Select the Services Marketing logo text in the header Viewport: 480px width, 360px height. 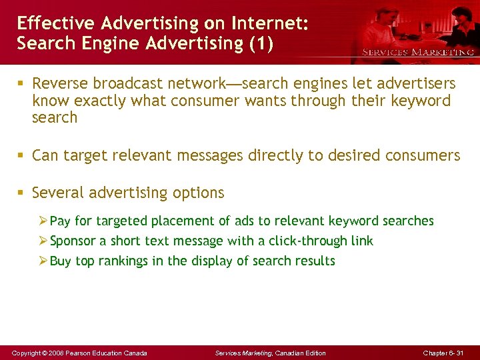(417, 52)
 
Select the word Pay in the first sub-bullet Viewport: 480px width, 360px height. (61, 221)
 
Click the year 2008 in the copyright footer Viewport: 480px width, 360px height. (54, 353)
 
